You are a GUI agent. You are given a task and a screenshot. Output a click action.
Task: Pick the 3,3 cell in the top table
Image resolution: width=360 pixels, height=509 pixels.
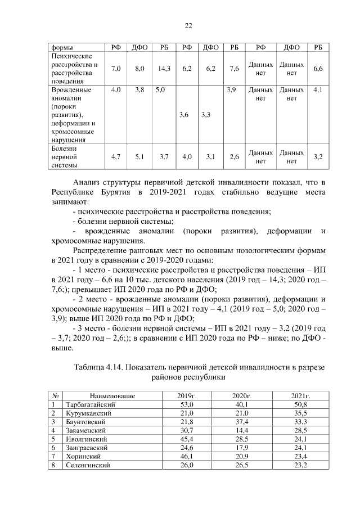point(205,115)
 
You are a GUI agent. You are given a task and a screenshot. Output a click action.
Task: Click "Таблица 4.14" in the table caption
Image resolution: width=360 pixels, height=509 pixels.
point(101,367)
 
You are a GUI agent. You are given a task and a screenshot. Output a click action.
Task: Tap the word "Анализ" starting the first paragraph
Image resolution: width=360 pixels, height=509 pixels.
point(88,183)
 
